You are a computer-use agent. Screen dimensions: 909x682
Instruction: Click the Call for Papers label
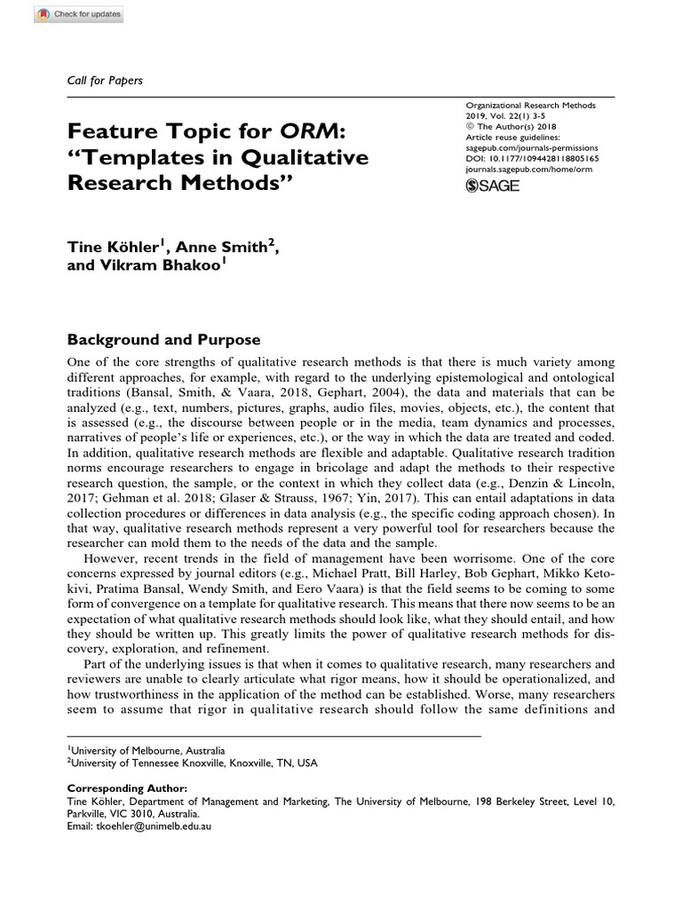(x=105, y=80)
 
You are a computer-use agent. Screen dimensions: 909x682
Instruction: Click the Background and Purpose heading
(x=163, y=340)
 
